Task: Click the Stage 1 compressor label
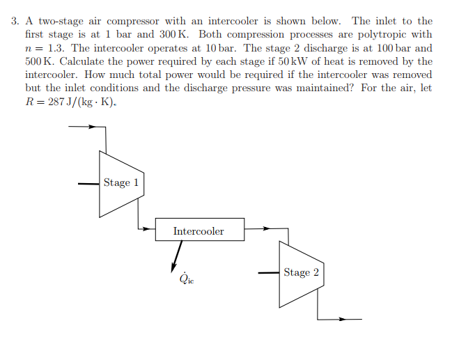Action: point(121,182)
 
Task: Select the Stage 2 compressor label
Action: point(301,272)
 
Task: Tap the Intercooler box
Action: point(200,230)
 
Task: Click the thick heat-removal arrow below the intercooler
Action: point(176,256)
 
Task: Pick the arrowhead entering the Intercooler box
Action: point(146,229)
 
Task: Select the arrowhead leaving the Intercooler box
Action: point(266,228)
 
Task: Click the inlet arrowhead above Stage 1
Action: point(92,127)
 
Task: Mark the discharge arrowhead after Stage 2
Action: point(342,319)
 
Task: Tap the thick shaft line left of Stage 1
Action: point(88,184)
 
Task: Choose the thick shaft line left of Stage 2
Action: point(269,273)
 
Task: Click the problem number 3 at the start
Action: point(15,22)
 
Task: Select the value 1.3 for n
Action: point(55,48)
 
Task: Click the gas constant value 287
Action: point(56,102)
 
